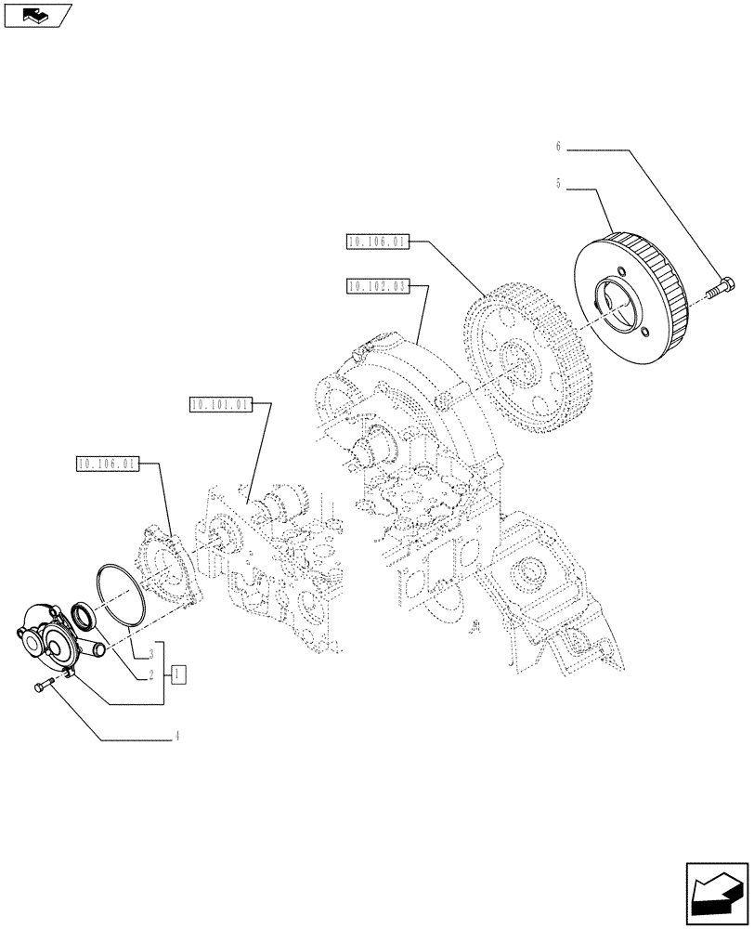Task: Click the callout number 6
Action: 558,147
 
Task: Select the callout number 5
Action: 558,185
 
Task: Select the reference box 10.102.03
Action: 376,286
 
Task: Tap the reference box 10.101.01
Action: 219,404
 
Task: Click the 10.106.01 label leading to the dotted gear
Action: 376,242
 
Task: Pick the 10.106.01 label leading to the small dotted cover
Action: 107,463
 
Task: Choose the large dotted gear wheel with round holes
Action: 525,353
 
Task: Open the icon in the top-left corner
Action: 37,15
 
